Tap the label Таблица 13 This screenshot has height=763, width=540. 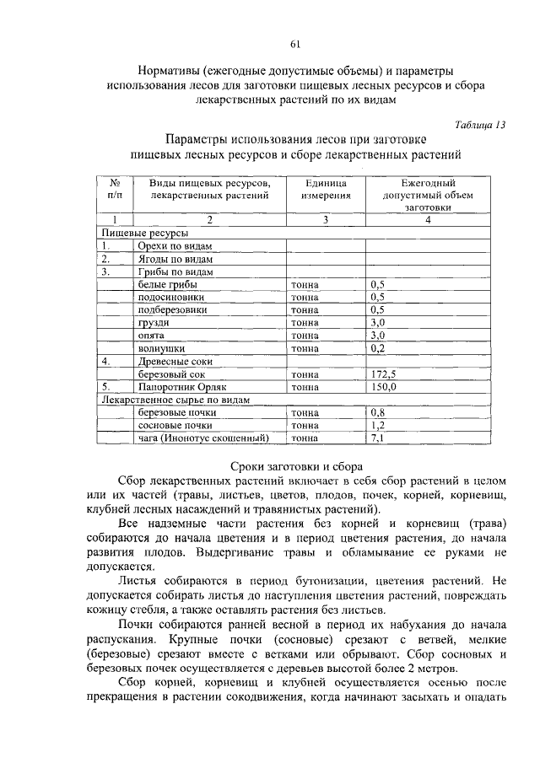click(x=478, y=124)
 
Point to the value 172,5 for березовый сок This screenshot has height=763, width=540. click(x=384, y=373)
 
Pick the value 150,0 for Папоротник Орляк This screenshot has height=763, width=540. click(x=384, y=386)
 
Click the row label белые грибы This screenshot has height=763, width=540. click(x=163, y=285)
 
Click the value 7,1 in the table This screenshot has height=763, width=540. click(x=377, y=438)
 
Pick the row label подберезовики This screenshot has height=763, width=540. click(x=171, y=310)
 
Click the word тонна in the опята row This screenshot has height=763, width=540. click(x=305, y=336)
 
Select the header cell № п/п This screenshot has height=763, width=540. click(x=115, y=189)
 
